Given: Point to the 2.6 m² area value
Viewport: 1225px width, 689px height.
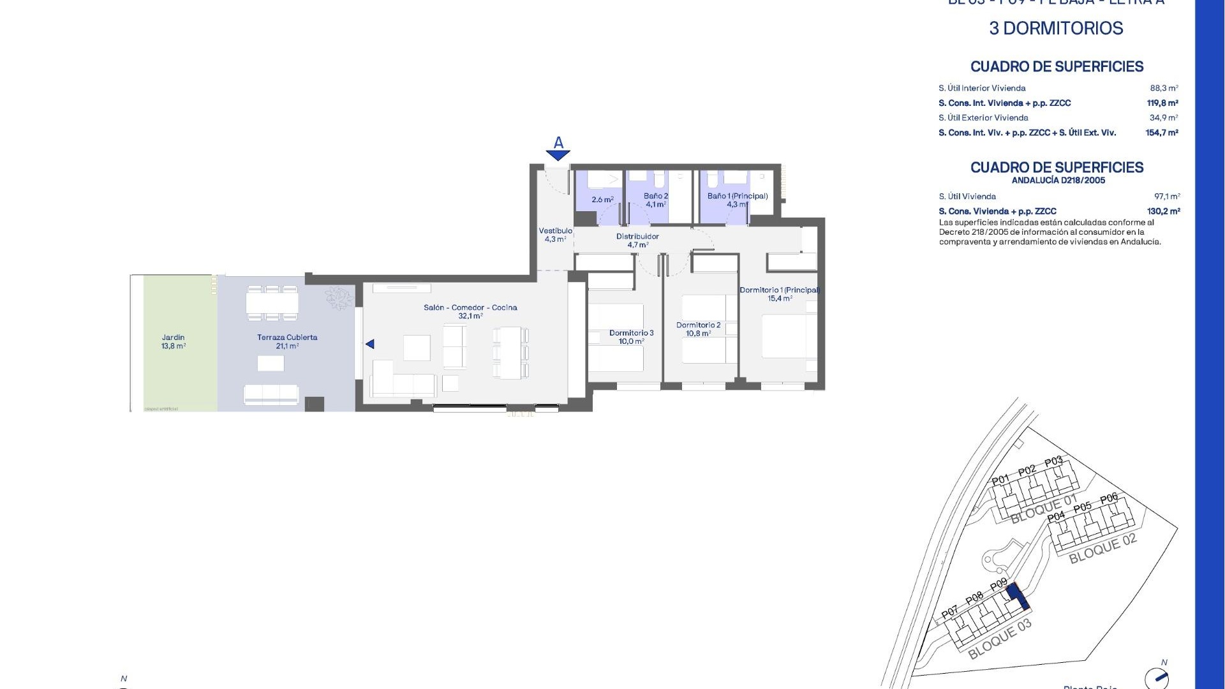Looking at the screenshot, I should (602, 200).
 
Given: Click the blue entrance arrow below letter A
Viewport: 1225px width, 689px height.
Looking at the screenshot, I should (558, 155).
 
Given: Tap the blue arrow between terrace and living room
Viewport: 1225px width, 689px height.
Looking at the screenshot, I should (370, 344).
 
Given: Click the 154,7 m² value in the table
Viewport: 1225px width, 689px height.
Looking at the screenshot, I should (1162, 133).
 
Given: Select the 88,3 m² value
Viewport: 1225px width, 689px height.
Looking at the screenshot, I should (1164, 88).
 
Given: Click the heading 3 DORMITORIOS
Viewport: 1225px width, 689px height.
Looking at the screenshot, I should (1056, 29).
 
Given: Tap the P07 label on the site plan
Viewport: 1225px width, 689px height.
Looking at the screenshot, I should (950, 612).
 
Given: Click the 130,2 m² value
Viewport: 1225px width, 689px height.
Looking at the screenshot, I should (1163, 211).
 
